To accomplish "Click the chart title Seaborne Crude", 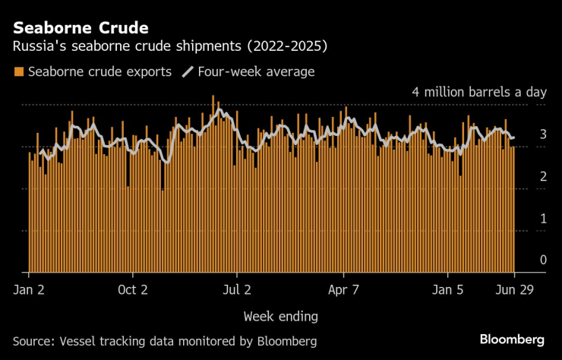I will [x=80, y=28].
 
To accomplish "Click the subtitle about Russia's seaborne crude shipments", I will [x=170, y=47].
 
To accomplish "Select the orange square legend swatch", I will [x=18, y=72].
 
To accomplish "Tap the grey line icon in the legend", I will [x=187, y=72].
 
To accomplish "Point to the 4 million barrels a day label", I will [x=478, y=92].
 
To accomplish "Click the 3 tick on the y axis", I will [x=542, y=134].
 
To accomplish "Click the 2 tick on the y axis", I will [x=542, y=176].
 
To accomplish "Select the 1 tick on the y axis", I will [x=542, y=218].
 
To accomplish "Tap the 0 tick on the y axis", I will [x=542, y=260].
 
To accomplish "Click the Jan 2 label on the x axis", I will [x=30, y=289].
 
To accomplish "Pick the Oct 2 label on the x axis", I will [x=133, y=289].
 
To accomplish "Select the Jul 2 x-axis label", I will [x=237, y=289].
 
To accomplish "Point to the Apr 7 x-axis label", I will [x=343, y=289].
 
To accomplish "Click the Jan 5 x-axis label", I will [x=449, y=289].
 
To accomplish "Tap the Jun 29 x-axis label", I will [x=514, y=289].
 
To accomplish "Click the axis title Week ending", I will [x=280, y=315].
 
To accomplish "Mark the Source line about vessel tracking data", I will [x=165, y=340].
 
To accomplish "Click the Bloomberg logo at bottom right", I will [x=512, y=339].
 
